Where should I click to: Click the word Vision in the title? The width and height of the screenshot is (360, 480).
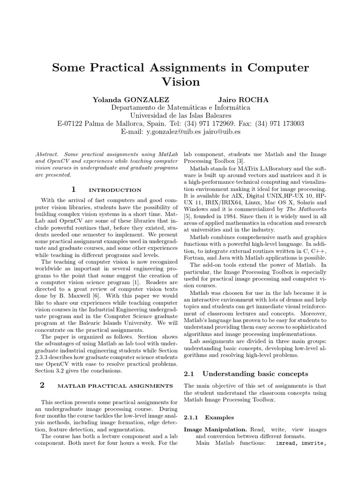[x=180, y=82]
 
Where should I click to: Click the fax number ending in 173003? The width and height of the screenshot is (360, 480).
[x=286, y=124]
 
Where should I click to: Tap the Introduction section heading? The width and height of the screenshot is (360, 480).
[x=115, y=190]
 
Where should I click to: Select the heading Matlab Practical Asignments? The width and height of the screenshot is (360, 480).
[x=115, y=386]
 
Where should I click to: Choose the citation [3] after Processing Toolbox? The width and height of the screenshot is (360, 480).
[x=243, y=161]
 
